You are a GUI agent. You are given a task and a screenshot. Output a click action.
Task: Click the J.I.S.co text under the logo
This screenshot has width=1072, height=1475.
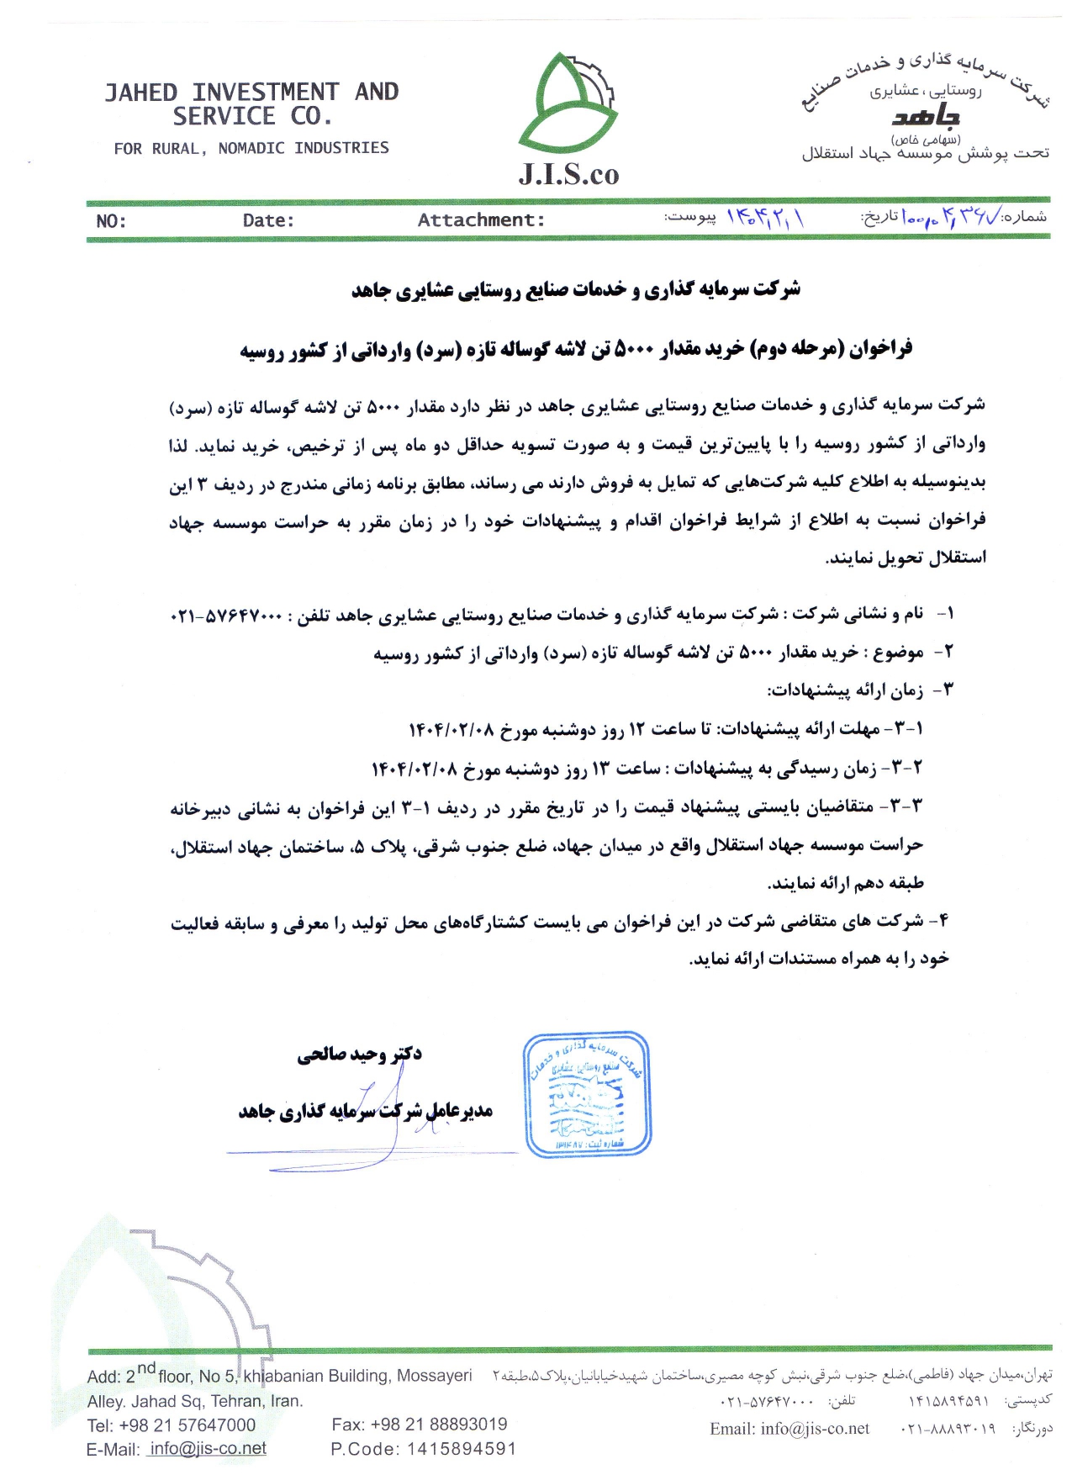(568, 174)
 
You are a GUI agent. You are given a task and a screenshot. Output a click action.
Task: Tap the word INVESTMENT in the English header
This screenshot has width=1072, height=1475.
(265, 92)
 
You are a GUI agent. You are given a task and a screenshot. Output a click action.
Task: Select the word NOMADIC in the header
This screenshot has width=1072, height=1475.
(251, 149)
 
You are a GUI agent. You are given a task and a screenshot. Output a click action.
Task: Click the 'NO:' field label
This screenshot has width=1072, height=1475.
(111, 221)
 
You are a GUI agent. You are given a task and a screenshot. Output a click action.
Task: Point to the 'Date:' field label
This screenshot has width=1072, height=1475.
(268, 220)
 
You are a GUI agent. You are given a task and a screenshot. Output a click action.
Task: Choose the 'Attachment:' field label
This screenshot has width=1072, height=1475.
(481, 220)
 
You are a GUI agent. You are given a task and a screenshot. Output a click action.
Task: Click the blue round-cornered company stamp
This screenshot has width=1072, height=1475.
(588, 1095)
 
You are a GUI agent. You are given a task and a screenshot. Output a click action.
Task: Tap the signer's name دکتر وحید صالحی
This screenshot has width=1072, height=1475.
(359, 1054)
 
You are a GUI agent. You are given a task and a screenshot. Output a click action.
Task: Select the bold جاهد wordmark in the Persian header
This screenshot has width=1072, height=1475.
(926, 117)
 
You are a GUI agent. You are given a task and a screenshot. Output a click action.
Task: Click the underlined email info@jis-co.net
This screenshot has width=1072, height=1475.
(207, 1448)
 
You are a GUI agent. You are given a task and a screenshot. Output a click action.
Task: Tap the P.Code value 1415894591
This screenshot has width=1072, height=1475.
(461, 1449)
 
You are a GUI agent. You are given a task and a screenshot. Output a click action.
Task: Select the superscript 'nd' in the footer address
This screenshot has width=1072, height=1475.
(146, 1368)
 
